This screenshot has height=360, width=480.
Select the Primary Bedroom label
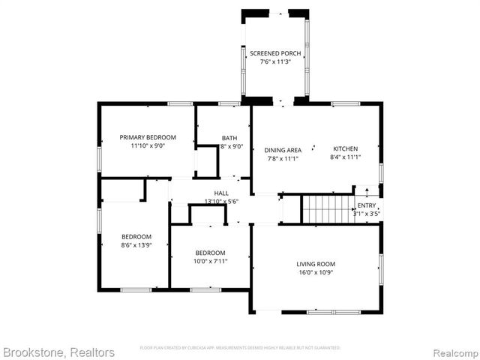[148, 137]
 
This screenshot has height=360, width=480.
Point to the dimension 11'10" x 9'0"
[148, 145]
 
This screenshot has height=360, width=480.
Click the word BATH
[229, 138]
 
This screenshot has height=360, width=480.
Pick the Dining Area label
[284, 149]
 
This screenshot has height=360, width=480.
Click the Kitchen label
[345, 149]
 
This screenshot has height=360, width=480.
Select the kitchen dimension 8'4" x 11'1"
[345, 157]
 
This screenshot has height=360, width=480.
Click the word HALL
[221, 193]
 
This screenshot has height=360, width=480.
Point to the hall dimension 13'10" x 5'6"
[221, 202]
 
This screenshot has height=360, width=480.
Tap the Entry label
[367, 205]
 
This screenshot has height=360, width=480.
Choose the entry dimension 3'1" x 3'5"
[367, 214]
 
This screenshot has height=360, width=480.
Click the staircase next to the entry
[328, 208]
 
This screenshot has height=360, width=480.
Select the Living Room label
[316, 264]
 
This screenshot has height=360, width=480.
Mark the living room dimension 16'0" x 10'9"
[316, 272]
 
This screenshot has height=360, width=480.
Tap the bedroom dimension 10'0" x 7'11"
[211, 261]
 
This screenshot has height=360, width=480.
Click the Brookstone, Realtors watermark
[58, 352]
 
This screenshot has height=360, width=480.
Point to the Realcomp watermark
[453, 352]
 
